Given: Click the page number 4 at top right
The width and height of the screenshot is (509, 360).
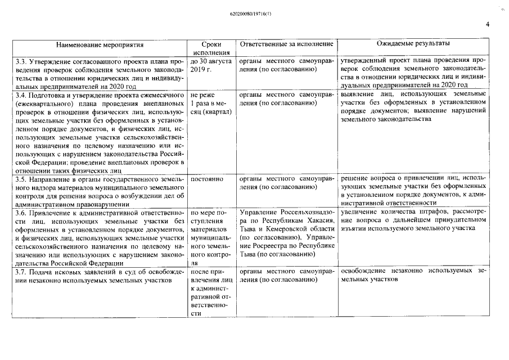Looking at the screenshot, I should pos(488,24).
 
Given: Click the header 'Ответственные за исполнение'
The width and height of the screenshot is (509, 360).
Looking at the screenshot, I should pos(286,44).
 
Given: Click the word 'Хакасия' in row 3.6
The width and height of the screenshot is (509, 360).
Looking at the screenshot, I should pos(321,221).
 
